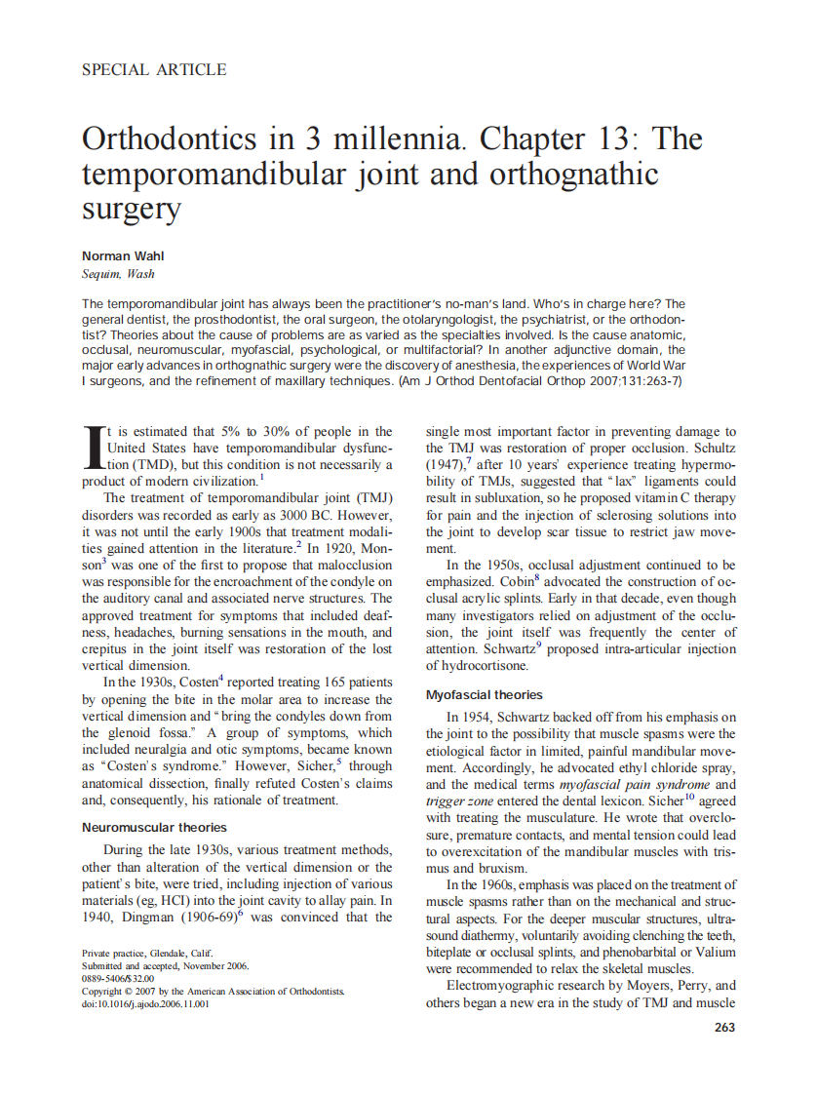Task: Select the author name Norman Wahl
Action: tap(121, 255)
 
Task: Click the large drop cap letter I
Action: tap(94, 448)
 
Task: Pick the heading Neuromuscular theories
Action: tap(154, 827)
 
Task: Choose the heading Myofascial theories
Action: tap(485, 695)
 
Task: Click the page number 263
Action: tap(724, 1027)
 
